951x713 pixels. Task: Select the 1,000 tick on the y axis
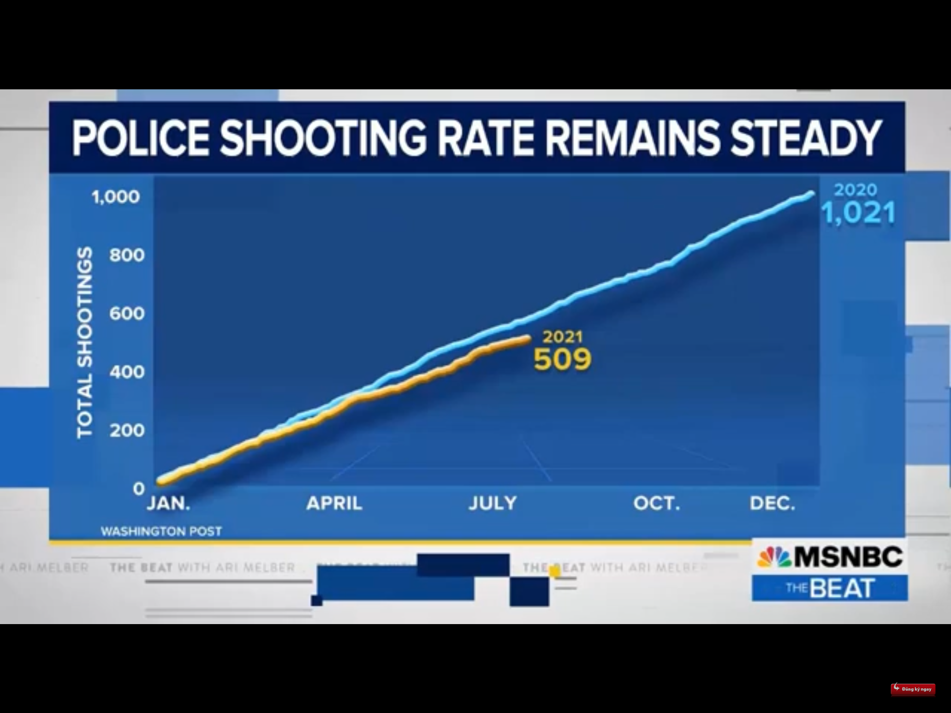pyautogui.click(x=116, y=197)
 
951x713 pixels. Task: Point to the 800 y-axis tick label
pyautogui.click(x=127, y=255)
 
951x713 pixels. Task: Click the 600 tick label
pyautogui.click(x=127, y=314)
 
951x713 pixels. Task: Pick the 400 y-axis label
pyautogui.click(x=127, y=372)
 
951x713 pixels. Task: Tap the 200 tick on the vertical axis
pyautogui.click(x=127, y=430)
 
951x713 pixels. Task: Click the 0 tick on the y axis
pyautogui.click(x=139, y=489)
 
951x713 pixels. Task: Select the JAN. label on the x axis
pyautogui.click(x=168, y=503)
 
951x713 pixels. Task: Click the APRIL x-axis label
pyautogui.click(x=334, y=503)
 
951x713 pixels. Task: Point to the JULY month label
pyautogui.click(x=493, y=503)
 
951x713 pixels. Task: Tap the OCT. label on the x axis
pyautogui.click(x=656, y=503)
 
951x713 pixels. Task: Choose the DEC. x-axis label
pyautogui.click(x=772, y=503)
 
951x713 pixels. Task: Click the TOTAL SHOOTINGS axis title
pyautogui.click(x=85, y=342)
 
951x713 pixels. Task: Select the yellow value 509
pyautogui.click(x=562, y=360)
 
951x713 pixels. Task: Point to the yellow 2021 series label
pyautogui.click(x=562, y=337)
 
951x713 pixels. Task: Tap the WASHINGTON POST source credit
pyautogui.click(x=161, y=532)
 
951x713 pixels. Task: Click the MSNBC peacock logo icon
pyautogui.click(x=774, y=557)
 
